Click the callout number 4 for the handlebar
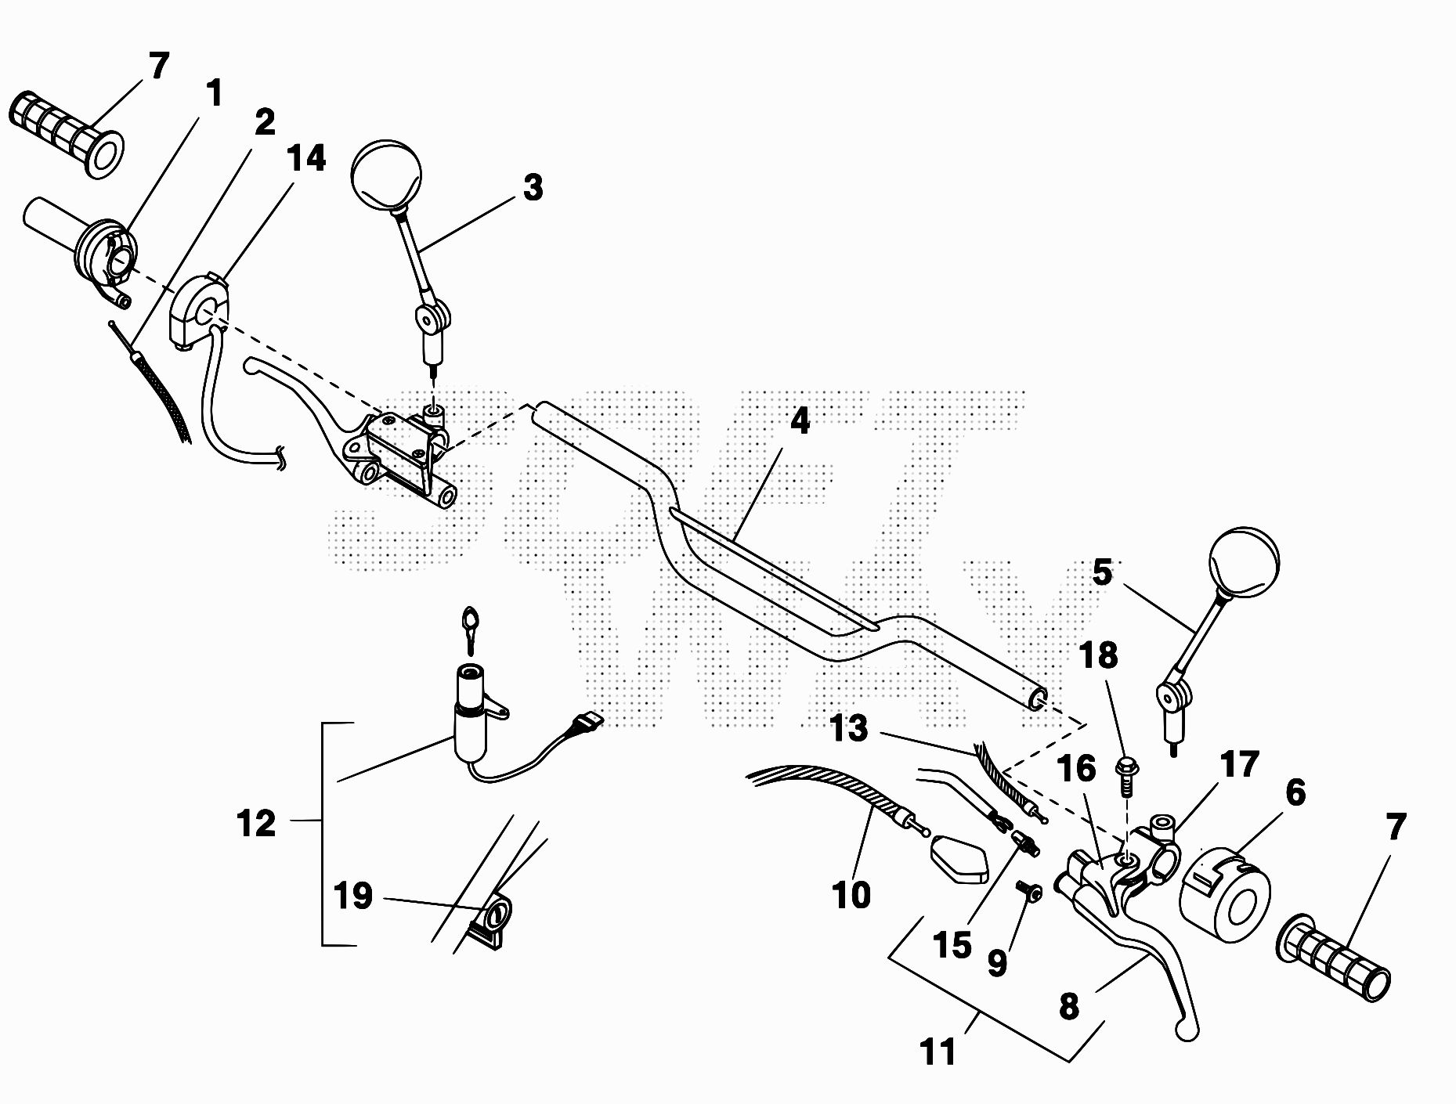tap(799, 422)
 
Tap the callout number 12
tap(256, 824)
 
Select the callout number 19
tap(352, 896)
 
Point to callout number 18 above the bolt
tap(1098, 656)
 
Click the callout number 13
tap(849, 728)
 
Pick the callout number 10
tap(851, 894)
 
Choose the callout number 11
tap(938, 1052)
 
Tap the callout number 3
tap(533, 188)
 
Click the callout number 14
tap(306, 158)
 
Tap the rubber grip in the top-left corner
tap(67, 133)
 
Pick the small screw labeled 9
tap(1029, 890)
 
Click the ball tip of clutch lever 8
tap(1188, 1033)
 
